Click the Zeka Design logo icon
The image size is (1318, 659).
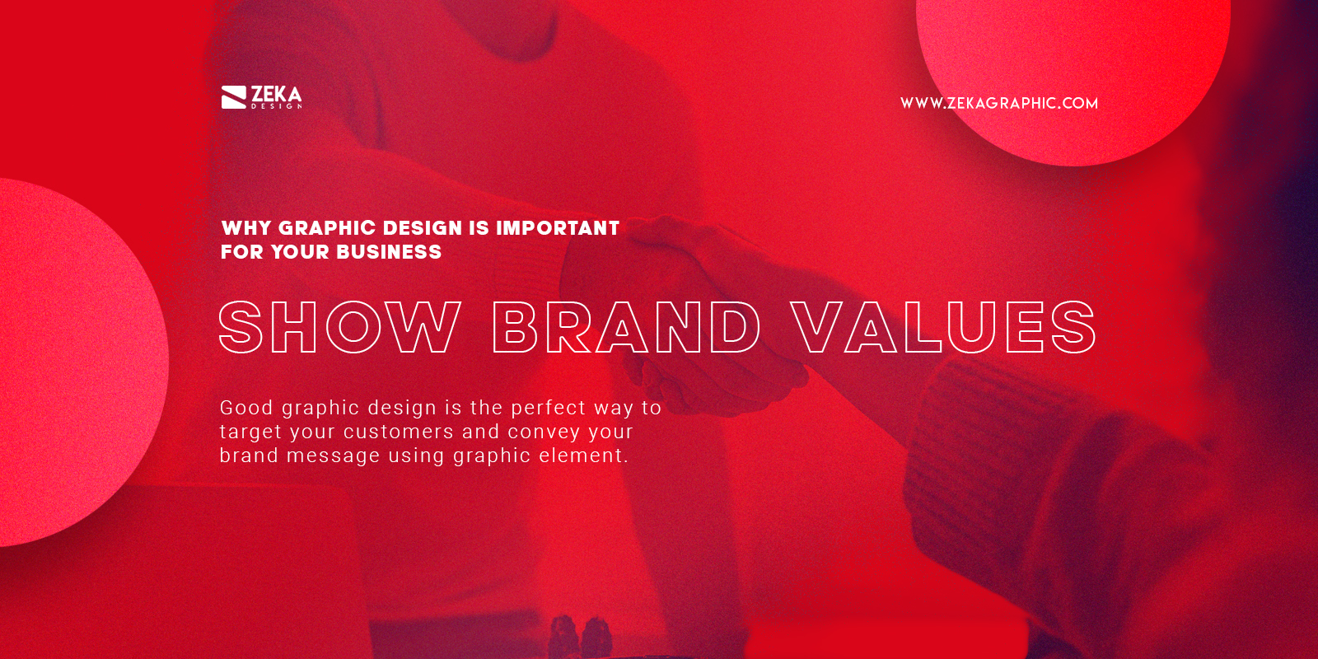pyautogui.click(x=234, y=97)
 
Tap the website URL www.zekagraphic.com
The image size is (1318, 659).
pyautogui.click(x=998, y=103)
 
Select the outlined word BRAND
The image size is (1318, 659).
pyautogui.click(x=626, y=327)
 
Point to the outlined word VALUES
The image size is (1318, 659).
pyautogui.click(x=944, y=327)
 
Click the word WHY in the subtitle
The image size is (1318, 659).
pyautogui.click(x=246, y=228)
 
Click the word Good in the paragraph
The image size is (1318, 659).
pyautogui.click(x=246, y=408)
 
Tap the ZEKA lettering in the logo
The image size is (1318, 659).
pyautogui.click(x=276, y=94)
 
